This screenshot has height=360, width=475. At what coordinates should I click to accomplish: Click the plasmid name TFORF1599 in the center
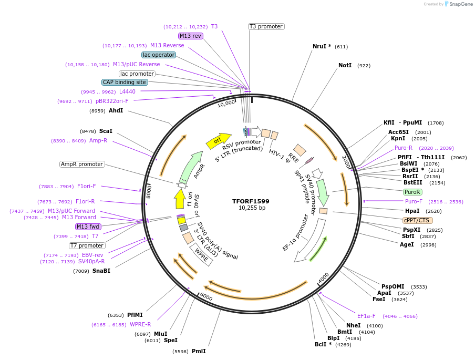[x=251, y=201]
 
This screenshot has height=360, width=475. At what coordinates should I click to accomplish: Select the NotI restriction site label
[x=345, y=66]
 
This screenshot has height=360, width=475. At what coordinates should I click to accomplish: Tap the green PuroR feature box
[x=412, y=192]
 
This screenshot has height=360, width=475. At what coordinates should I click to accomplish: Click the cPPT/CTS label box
[x=416, y=220]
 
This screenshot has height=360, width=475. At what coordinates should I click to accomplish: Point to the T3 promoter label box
[x=266, y=26]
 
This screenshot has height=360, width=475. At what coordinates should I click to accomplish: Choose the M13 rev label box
[x=190, y=36]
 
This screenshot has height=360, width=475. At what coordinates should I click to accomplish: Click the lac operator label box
[x=159, y=55]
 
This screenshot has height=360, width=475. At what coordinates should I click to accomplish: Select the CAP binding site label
[x=125, y=82]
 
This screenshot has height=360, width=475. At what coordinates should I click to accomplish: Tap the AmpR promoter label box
[x=82, y=164]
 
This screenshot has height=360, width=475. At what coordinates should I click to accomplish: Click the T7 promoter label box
[x=87, y=245]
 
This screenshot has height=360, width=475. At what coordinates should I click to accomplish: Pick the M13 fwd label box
[x=88, y=227]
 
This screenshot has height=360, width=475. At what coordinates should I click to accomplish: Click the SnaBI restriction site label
[x=101, y=271]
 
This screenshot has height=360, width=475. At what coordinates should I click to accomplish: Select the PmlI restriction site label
[x=199, y=351]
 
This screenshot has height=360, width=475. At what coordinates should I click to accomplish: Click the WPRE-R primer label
[x=140, y=324]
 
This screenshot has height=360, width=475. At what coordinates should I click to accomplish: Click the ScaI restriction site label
[x=106, y=131]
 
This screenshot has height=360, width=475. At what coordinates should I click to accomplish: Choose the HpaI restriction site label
[x=412, y=211]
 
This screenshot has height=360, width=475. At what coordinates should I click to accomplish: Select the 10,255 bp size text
[x=251, y=208]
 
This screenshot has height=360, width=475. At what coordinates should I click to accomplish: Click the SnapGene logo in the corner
[x=455, y=4]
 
